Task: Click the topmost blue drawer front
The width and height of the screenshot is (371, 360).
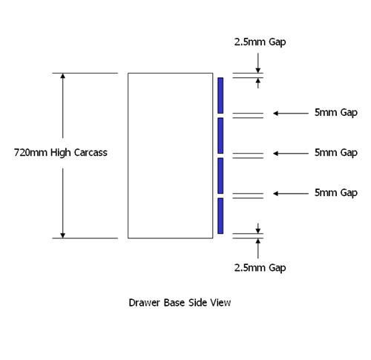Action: point(220,96)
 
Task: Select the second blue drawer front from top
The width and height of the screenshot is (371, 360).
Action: point(220,136)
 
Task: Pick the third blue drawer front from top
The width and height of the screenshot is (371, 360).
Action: point(220,176)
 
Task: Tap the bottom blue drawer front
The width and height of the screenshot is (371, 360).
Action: point(220,216)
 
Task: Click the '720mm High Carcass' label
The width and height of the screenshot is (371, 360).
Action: point(61,153)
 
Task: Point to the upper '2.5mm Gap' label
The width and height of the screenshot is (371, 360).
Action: point(260,42)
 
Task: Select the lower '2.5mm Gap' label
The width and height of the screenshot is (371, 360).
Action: point(260,268)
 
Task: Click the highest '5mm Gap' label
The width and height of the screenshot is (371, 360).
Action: point(336,113)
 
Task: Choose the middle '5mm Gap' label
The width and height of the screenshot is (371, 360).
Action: point(336,153)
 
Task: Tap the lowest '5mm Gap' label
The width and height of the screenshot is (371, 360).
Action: point(336,193)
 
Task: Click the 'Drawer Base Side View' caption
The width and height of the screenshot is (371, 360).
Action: point(180,303)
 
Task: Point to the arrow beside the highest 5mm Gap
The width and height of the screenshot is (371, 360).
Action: point(291,114)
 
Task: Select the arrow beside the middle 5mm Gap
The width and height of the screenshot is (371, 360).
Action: point(291,154)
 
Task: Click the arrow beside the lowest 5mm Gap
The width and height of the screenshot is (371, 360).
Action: point(291,194)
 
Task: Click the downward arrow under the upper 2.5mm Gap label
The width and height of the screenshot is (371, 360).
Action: point(258,63)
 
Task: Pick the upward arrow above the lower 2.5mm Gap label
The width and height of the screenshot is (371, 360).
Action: point(258,249)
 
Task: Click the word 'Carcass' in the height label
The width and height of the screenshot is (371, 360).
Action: point(91,153)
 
